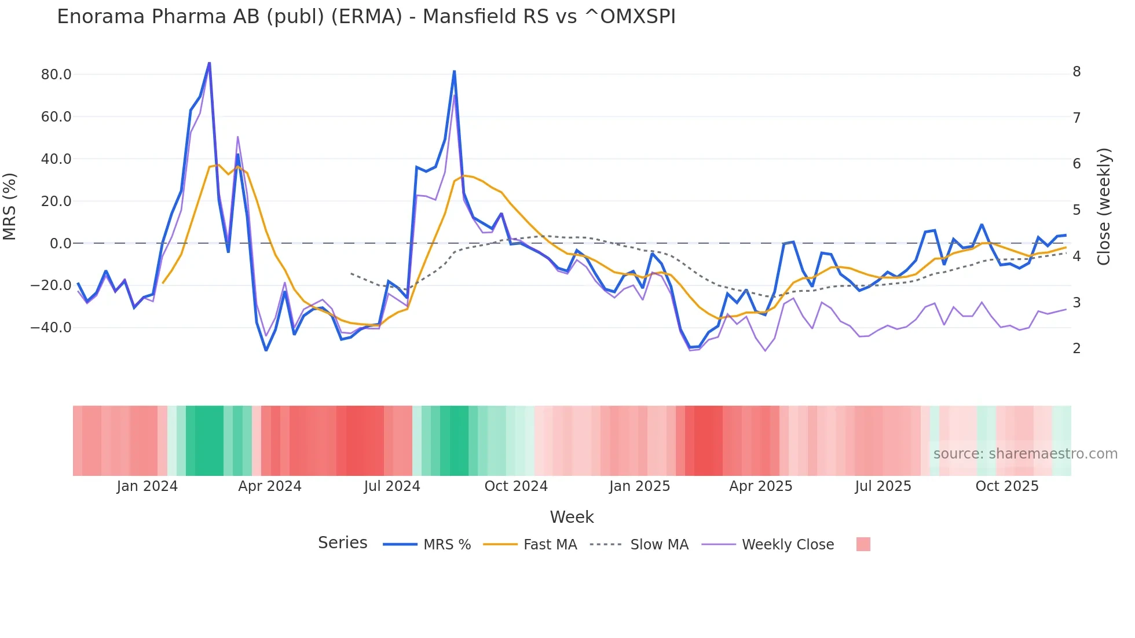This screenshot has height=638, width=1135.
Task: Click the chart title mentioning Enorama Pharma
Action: [366, 17]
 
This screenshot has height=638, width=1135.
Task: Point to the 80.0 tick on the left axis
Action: [56, 75]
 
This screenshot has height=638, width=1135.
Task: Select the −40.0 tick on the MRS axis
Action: [51, 328]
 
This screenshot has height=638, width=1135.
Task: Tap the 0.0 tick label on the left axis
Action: [60, 244]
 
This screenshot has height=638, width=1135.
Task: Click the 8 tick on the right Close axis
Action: [1077, 72]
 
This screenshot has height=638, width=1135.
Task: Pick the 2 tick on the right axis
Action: [1077, 349]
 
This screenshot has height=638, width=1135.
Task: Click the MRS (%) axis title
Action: [10, 207]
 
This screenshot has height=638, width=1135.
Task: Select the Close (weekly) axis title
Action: [1104, 207]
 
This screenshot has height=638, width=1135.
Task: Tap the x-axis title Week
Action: [572, 517]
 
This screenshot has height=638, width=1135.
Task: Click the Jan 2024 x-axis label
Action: [147, 486]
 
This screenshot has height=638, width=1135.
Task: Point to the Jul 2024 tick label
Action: [392, 486]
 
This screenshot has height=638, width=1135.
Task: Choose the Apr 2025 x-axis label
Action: [760, 486]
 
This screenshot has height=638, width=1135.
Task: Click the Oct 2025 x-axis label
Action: [1007, 486]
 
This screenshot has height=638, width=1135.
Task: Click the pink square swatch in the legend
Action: [863, 544]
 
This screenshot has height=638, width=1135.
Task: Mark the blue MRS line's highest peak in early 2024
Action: [209, 63]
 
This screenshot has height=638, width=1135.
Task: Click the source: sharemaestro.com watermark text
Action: [1025, 454]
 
